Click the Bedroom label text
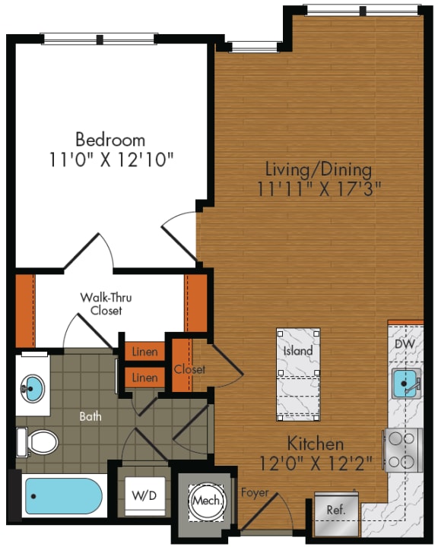click(x=110, y=140)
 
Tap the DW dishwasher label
click(x=405, y=344)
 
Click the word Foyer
click(x=255, y=493)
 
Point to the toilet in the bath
click(x=38, y=441)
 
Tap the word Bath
click(x=92, y=416)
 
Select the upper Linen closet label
click(x=144, y=352)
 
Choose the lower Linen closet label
click(x=144, y=377)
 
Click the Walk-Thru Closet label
click(x=106, y=304)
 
